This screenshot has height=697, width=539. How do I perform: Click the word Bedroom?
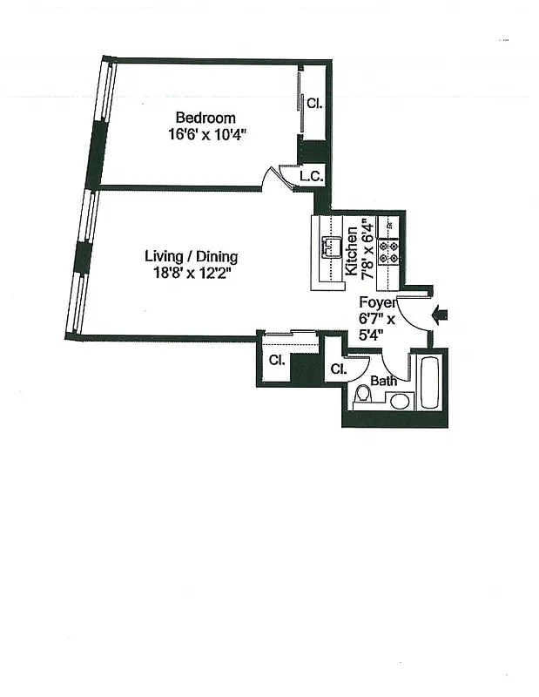[x=205, y=118]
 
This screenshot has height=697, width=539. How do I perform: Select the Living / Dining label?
[x=191, y=256]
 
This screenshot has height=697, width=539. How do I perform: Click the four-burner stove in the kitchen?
[x=389, y=252]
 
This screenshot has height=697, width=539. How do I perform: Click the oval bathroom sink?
[x=401, y=401]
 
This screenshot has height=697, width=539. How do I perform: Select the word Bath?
[x=383, y=381]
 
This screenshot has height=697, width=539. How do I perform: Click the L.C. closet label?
[x=311, y=176]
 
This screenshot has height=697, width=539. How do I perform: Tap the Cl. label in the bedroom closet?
[x=314, y=103]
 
